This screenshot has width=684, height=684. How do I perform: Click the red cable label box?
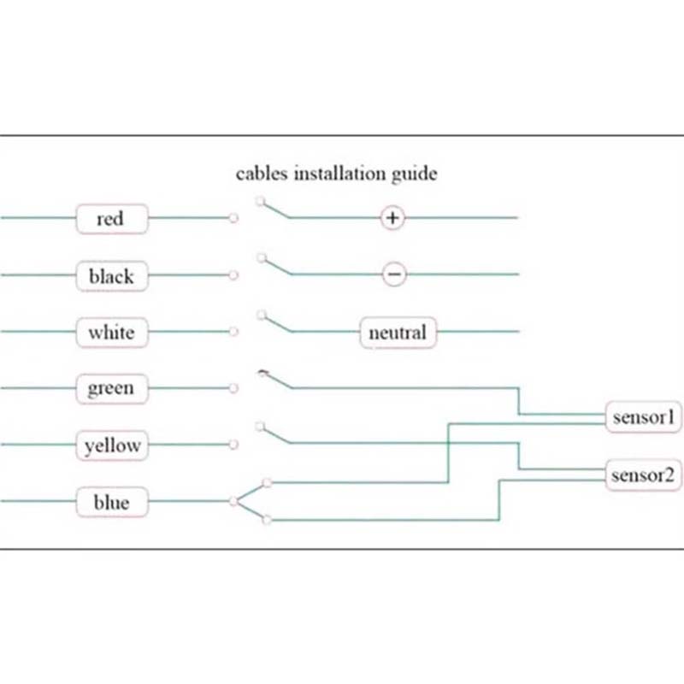(x=111, y=219)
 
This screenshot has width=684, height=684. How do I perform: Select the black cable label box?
(x=111, y=276)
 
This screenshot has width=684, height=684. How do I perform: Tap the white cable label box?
(x=111, y=332)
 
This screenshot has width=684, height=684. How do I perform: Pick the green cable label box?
(x=111, y=389)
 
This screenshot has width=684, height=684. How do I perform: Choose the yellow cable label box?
(x=112, y=445)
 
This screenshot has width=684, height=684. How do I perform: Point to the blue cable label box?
(x=111, y=502)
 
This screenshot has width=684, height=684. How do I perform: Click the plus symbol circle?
(x=392, y=218)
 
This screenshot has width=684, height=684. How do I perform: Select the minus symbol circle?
(x=393, y=274)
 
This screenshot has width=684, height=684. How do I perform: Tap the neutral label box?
(x=398, y=332)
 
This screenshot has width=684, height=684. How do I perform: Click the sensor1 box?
(x=644, y=417)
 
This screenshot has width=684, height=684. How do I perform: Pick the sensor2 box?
(x=644, y=474)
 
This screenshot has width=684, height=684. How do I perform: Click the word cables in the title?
(x=262, y=174)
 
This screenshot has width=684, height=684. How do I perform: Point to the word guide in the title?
(x=415, y=174)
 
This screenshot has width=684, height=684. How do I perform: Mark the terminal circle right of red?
(x=233, y=219)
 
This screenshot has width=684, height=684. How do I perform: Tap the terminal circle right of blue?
(x=233, y=502)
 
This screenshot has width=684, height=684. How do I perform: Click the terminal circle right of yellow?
(x=233, y=445)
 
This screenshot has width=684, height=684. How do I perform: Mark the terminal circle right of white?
(x=233, y=332)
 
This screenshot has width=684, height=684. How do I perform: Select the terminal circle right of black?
(x=233, y=275)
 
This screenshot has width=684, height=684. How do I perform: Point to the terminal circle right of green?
(x=233, y=389)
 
